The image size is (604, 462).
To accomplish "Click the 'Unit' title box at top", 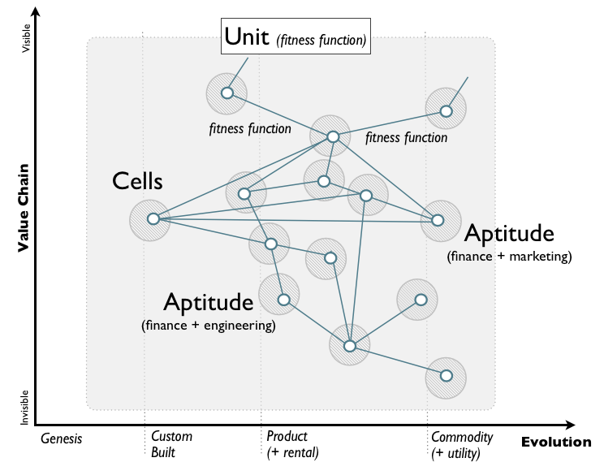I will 296,37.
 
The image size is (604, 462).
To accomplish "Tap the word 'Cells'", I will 137,181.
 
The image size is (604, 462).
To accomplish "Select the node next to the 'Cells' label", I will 153,218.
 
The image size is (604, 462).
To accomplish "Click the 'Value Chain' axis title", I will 24,207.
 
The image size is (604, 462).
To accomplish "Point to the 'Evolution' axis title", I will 556,442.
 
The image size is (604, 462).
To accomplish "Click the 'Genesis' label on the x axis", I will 62,438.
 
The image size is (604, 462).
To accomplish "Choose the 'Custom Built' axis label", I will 171,444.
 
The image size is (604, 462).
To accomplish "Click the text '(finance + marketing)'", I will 509,257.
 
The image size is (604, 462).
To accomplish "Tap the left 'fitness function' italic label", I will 250,128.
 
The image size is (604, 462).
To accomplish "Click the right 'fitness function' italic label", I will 406,137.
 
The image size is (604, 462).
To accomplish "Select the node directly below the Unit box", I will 227,93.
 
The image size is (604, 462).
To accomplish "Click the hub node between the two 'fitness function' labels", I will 332,136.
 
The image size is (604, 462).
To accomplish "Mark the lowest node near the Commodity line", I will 446,375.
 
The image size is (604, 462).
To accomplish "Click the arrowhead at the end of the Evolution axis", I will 570,425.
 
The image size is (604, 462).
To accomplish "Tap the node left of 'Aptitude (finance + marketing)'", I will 438,220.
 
